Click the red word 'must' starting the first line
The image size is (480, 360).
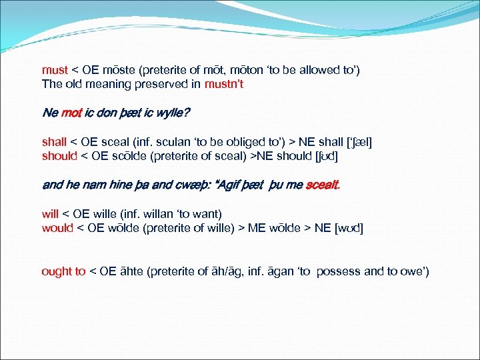[55, 70]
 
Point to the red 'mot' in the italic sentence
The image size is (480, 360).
[71, 113]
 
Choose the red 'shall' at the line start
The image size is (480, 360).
[54, 142]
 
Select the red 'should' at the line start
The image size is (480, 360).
[59, 156]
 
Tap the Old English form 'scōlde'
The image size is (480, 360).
[124, 156]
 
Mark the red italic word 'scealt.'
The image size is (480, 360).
[323, 185]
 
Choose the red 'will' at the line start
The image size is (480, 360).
[50, 214]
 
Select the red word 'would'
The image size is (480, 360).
[55, 228]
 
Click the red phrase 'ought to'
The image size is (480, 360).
[63, 271]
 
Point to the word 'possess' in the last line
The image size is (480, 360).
[339, 271]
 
